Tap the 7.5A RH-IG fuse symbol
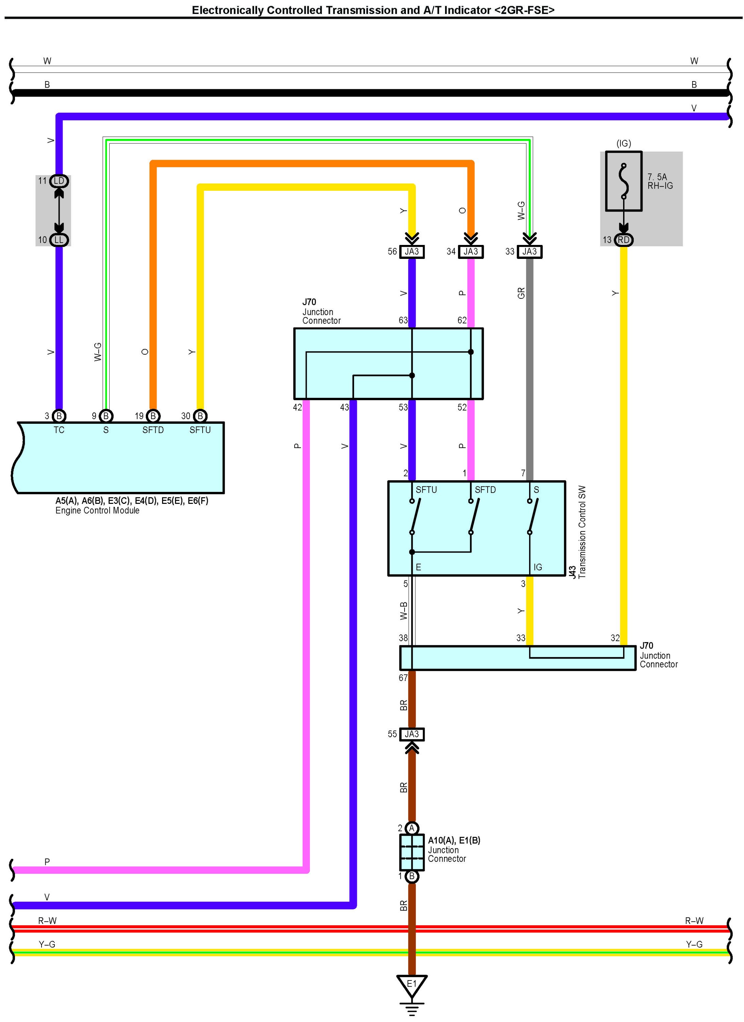(623, 181)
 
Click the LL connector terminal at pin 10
(59, 240)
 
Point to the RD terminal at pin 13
(623, 240)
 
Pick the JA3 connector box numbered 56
(412, 251)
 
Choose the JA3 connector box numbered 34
(471, 251)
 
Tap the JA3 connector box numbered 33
(529, 251)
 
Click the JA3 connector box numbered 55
(412, 734)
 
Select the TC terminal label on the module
(59, 430)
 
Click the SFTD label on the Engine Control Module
(153, 430)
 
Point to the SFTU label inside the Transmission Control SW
(426, 490)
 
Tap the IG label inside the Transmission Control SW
(538, 567)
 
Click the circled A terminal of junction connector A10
(412, 828)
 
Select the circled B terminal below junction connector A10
(412, 877)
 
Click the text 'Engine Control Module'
(97, 511)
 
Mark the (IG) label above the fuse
(623, 143)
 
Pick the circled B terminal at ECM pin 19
(153, 416)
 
